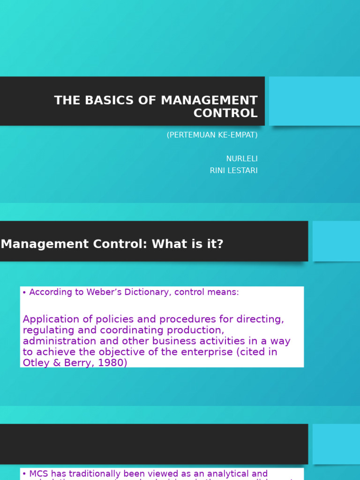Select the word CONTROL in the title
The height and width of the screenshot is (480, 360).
225,113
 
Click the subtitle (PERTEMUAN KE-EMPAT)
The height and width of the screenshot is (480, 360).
212,135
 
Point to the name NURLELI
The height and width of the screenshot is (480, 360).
242,159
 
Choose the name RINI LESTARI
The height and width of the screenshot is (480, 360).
234,171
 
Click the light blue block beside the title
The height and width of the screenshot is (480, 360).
314,101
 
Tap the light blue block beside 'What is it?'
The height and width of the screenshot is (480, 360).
336,241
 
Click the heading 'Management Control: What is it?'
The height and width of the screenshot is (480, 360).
112,244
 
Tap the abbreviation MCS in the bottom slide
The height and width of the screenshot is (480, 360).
39,474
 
